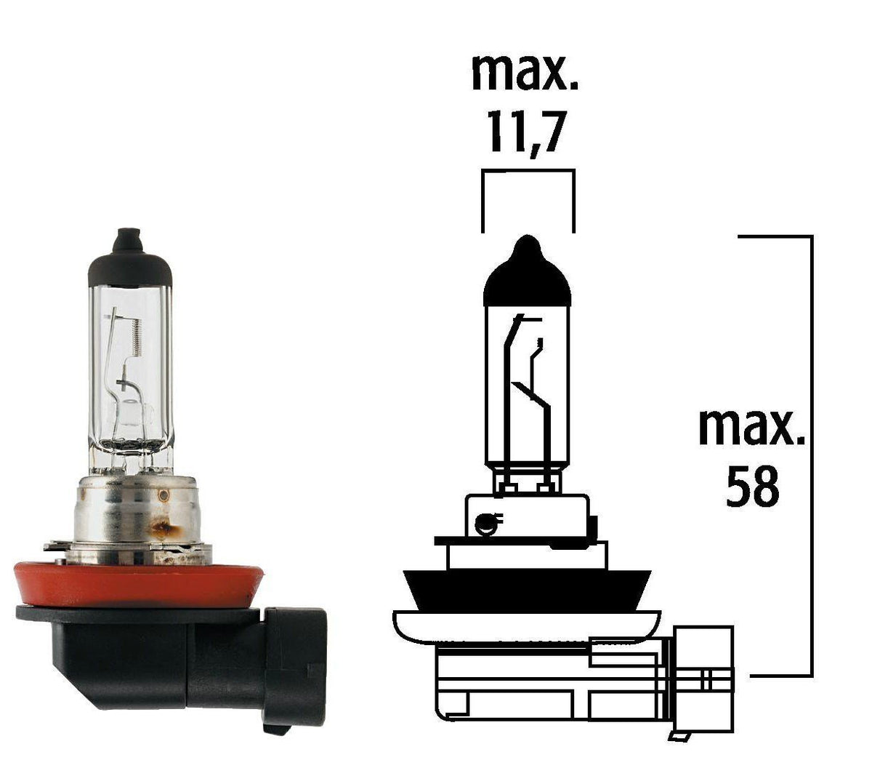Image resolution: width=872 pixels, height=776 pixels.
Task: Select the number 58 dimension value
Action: point(753,487)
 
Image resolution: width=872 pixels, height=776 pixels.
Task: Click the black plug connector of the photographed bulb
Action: point(294,665)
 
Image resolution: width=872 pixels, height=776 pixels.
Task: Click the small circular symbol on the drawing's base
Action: point(485,522)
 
